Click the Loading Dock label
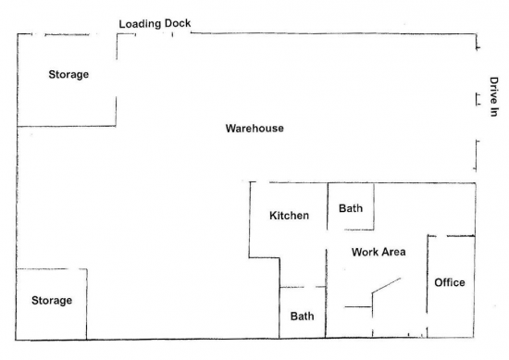click(155, 24)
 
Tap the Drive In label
click(494, 97)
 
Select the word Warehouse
click(254, 129)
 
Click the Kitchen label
click(289, 216)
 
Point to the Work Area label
click(379, 252)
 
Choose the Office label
click(450, 282)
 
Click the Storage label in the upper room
click(68, 75)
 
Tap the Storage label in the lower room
click(52, 301)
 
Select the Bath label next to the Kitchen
click(351, 208)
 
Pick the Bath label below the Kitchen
click(302, 317)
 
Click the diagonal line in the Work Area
click(386, 286)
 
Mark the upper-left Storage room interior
click(67, 97)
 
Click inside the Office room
click(451, 308)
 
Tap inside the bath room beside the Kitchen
click(351, 221)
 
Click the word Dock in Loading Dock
click(178, 23)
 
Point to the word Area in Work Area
click(393, 252)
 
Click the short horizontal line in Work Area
click(358, 306)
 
